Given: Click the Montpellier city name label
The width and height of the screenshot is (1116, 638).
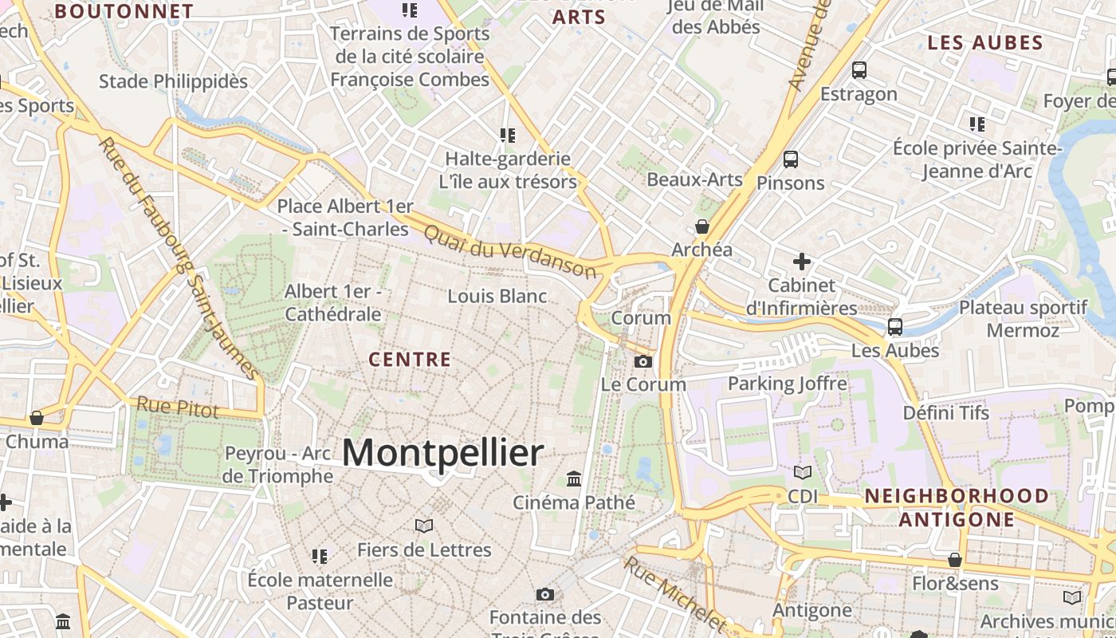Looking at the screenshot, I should tap(443, 453).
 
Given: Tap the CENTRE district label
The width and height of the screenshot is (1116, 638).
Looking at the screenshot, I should tap(410, 360).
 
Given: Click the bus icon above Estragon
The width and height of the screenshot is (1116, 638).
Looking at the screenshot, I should tap(859, 70).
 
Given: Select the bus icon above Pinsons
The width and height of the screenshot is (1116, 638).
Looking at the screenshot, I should tap(791, 159).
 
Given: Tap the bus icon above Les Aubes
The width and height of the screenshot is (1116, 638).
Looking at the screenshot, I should tap(895, 327).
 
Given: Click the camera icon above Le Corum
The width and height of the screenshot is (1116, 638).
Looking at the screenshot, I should tap(642, 361).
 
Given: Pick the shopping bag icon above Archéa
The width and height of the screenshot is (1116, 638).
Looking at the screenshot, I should tap(702, 226).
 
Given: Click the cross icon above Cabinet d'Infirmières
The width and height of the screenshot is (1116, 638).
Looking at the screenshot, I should tap(802, 262).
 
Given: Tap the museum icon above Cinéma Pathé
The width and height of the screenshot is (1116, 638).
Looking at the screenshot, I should tap(574, 478).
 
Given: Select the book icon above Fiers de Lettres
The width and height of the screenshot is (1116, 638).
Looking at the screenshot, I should tap(424, 526).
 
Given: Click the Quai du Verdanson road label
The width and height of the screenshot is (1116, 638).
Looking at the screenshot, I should tap(510, 252).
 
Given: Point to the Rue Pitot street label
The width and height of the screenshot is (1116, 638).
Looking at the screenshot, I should tap(177, 407).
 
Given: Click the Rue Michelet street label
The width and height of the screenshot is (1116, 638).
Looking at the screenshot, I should tap(674, 594).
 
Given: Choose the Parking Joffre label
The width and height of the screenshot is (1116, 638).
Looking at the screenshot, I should tap(788, 384).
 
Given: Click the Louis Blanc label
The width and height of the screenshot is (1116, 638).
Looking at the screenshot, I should tap(497, 297).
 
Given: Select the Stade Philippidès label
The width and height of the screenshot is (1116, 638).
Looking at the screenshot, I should tap(173, 81).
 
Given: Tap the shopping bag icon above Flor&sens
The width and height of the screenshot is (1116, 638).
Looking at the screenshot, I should tap(955, 561).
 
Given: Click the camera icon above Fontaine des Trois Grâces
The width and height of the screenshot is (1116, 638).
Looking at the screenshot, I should tap(545, 594).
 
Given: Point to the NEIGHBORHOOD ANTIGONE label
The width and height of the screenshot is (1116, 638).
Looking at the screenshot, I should tap(957, 507).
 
